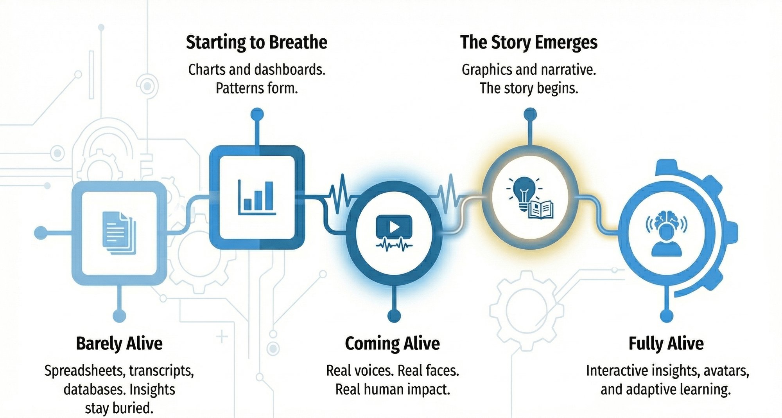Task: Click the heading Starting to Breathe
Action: pos(256,43)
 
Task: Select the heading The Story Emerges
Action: pos(529,43)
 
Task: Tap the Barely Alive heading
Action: pos(119,344)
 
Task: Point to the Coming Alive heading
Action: pos(392,344)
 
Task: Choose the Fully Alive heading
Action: pos(666,344)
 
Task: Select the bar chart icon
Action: pos(257,197)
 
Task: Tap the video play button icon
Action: pos(394,227)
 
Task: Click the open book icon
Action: pos(541,209)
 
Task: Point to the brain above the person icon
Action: pos(667,219)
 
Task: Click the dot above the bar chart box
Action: pos(257,115)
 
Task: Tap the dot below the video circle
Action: pos(394,315)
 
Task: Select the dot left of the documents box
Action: pos(41,233)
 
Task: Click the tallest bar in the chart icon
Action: pos(269,195)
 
